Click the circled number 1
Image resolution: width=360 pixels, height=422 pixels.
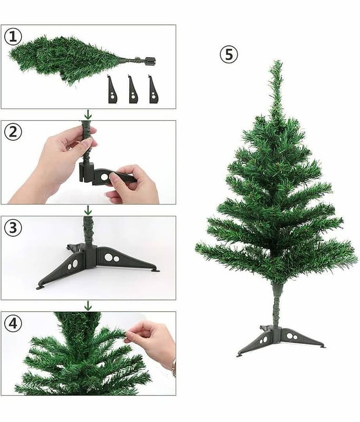(13, 36)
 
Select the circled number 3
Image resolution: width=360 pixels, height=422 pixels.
(13, 228)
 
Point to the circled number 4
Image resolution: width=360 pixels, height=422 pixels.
(13, 323)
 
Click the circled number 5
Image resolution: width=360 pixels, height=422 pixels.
(229, 55)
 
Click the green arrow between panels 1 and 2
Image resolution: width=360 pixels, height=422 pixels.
(88, 115)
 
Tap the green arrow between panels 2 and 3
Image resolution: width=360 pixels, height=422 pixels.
(88, 210)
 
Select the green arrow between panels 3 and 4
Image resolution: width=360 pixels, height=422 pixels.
(88, 306)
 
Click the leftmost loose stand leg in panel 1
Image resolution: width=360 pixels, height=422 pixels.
(112, 89)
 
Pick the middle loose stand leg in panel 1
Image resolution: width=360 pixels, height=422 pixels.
(133, 89)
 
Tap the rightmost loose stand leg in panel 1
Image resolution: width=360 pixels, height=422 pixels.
(153, 89)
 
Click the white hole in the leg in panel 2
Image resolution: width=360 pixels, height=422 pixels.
(104, 177)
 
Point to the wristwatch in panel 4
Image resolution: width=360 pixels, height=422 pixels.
(174, 367)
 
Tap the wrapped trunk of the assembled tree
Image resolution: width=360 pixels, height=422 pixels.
(277, 305)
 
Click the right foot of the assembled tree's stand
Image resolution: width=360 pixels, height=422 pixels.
(322, 347)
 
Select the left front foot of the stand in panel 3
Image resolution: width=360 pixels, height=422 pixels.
(41, 287)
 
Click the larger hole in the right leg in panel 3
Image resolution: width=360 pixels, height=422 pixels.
(109, 257)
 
